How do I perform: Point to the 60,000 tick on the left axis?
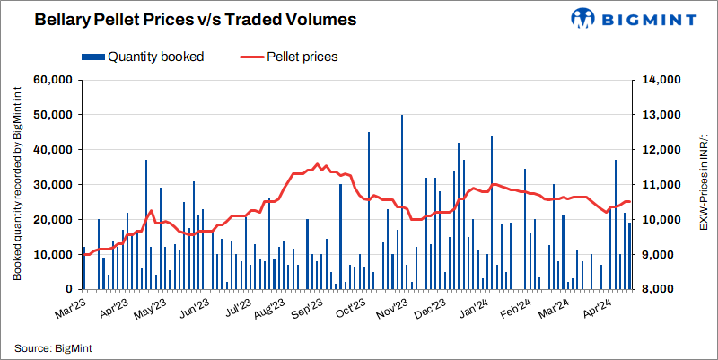point(52,80)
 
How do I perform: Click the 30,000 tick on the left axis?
point(52,185)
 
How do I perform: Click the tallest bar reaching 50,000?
point(401,202)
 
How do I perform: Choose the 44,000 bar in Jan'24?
point(492,213)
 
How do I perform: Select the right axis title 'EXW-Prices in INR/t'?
point(700,185)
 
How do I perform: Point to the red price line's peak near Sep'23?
point(317,164)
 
